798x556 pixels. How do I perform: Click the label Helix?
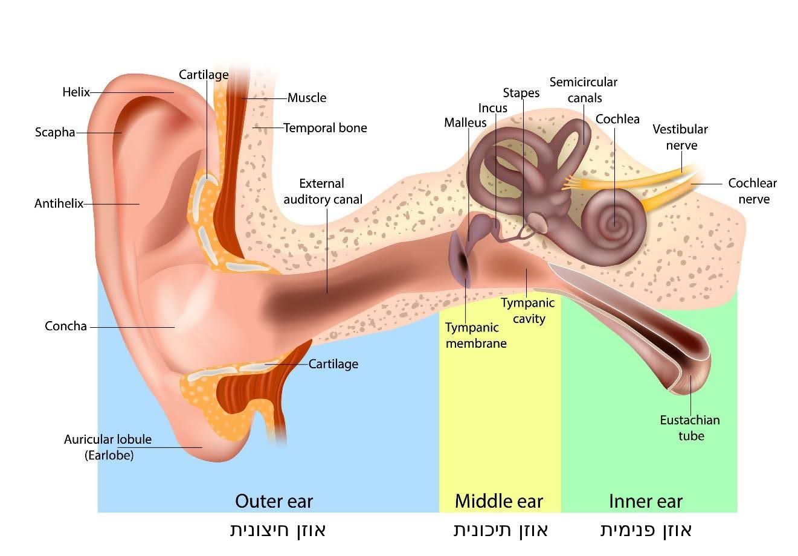[x=76, y=92]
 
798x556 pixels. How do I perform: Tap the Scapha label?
[x=55, y=132]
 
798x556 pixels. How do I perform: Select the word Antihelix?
[x=59, y=203]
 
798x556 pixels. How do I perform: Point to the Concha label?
[x=66, y=326]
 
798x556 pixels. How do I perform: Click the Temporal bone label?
[x=325, y=128]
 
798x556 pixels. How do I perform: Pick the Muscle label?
[x=307, y=98]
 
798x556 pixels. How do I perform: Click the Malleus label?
[x=465, y=123]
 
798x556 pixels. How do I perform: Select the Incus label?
[x=493, y=108]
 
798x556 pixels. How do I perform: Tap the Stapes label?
[x=521, y=93]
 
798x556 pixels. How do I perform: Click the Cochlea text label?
[x=617, y=120]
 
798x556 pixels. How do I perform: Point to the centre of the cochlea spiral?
[x=615, y=223]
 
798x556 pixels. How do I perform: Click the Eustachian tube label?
[x=690, y=428]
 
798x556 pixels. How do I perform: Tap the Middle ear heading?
[x=499, y=502]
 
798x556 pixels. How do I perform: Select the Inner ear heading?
[x=646, y=502]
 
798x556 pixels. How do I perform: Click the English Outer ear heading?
[x=274, y=502]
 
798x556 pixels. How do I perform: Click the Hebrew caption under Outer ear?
[x=278, y=530]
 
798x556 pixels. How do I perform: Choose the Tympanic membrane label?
[x=476, y=335]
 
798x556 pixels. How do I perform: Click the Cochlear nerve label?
[x=753, y=191]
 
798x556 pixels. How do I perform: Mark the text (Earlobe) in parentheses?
[x=109, y=455]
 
